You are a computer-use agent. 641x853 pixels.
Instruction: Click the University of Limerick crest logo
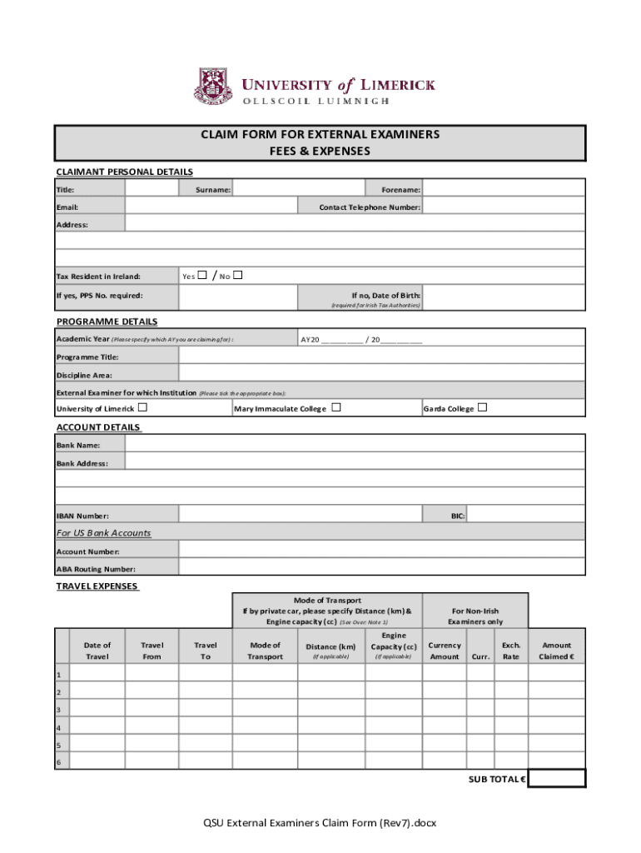click(214, 87)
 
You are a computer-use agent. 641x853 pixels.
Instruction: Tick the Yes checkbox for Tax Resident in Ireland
click(203, 276)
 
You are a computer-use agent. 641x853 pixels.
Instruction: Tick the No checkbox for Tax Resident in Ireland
click(238, 276)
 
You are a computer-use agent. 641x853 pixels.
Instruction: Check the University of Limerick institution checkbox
click(142, 407)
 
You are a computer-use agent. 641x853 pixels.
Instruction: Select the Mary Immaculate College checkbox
click(335, 407)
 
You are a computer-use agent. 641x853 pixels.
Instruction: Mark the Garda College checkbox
click(482, 407)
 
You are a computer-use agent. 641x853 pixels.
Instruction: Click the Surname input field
click(297, 189)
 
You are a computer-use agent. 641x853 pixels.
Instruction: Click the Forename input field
click(504, 189)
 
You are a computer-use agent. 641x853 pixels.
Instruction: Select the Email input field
click(211, 207)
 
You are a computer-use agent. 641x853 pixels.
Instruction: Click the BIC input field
click(525, 516)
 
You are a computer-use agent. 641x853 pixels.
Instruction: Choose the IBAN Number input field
click(301, 516)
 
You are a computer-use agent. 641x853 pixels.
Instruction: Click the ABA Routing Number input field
click(381, 567)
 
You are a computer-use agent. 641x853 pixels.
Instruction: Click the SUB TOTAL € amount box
click(556, 778)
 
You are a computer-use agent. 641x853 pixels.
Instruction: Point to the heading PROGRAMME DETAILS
click(107, 322)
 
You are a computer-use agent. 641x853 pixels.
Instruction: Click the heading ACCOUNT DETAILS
click(98, 427)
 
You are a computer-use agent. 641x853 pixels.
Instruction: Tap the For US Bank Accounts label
click(103, 532)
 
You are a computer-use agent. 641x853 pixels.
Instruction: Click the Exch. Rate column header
click(510, 651)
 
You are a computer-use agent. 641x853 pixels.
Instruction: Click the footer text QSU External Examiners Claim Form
click(320, 823)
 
